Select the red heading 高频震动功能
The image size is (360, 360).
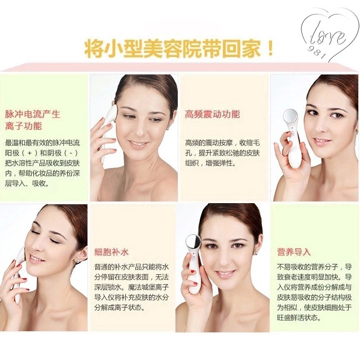(x=212, y=114)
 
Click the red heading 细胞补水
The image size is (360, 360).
(x=111, y=252)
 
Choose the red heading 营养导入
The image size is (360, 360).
(x=294, y=252)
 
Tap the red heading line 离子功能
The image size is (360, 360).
(x=24, y=126)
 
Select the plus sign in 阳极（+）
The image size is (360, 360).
(x=29, y=153)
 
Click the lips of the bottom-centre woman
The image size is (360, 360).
(x=226, y=274)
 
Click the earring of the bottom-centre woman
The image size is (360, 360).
(x=256, y=253)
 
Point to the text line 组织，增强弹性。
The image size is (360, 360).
(x=210, y=163)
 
